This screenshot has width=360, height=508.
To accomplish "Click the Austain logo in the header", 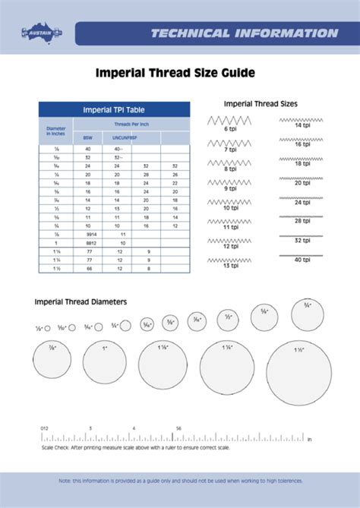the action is coord(41,32).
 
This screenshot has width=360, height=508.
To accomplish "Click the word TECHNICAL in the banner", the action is coord(189,33).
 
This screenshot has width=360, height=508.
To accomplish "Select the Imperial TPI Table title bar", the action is coord(113,110).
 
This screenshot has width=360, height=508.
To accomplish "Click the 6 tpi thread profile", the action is coord(229,120).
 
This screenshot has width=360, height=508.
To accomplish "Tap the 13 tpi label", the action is coord(229,266).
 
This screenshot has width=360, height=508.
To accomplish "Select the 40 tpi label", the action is coord(302,260).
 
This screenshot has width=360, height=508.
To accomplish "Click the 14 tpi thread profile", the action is coord(302,118).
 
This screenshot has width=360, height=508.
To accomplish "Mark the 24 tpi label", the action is coord(302,203).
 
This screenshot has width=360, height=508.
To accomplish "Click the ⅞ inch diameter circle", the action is coord(52,358).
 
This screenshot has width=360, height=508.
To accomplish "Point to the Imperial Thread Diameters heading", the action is coord(81,301).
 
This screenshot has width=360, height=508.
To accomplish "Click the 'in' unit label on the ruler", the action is coord(309,439).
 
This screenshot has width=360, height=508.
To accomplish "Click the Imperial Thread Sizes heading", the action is coord(260,103).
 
